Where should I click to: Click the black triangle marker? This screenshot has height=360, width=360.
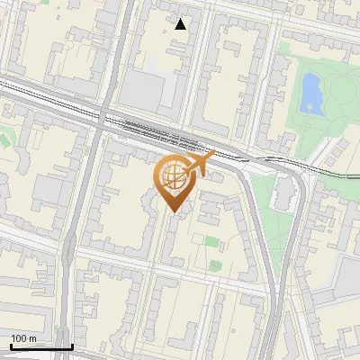tap(181, 24)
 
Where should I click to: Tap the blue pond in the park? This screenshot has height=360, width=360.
tap(311, 93)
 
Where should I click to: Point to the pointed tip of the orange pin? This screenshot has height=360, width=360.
tap(172, 212)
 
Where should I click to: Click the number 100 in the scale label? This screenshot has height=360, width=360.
tap(19, 338)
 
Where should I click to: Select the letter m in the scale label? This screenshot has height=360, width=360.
tap(32, 338)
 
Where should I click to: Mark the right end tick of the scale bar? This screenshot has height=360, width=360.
tap(72, 346)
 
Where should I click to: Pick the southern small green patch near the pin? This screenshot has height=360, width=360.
tap(214, 265)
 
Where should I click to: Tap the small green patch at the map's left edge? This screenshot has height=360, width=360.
tap(4, 139)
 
